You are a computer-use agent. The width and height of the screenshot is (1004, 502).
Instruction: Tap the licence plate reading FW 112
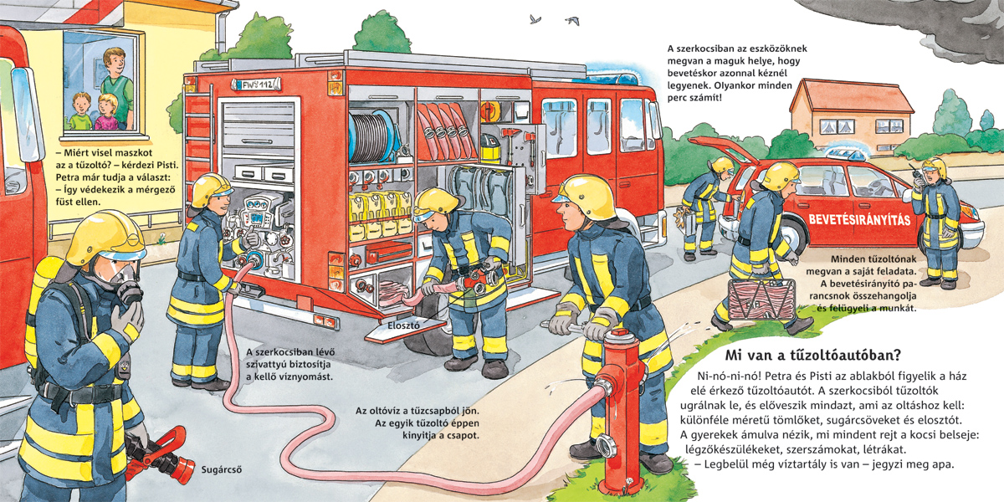[256, 85]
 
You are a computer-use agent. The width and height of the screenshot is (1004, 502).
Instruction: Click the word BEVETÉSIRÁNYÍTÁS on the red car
[859, 219]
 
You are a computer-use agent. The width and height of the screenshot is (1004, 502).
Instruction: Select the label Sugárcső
[222, 469]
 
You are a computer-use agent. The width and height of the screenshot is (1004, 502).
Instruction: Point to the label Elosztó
[404, 325]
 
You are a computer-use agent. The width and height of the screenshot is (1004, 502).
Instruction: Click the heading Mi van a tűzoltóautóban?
[813, 356]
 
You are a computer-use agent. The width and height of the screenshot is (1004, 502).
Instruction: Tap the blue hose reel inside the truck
[374, 137]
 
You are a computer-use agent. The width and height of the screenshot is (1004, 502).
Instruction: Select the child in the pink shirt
[105, 113]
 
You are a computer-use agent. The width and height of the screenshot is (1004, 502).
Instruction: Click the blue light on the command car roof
[846, 154]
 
